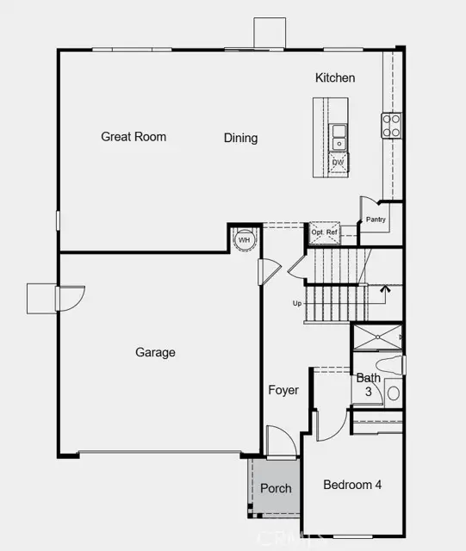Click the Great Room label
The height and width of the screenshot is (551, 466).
click(134, 136)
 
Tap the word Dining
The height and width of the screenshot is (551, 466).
click(240, 138)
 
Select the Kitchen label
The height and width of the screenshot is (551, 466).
click(335, 78)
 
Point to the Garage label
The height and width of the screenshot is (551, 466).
click(155, 352)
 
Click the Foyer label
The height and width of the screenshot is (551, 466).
click(283, 390)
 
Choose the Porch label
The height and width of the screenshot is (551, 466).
click(276, 488)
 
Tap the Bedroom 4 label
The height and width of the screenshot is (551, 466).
click(352, 485)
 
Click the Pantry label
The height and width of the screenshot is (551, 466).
click(376, 219)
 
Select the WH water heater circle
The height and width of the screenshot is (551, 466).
click(244, 239)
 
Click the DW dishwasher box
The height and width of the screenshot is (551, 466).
click(338, 162)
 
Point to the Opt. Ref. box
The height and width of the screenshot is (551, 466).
click(325, 232)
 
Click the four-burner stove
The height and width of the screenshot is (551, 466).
click(391, 126)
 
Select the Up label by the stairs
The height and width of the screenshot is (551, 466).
click(297, 303)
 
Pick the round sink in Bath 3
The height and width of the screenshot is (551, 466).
click(394, 393)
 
